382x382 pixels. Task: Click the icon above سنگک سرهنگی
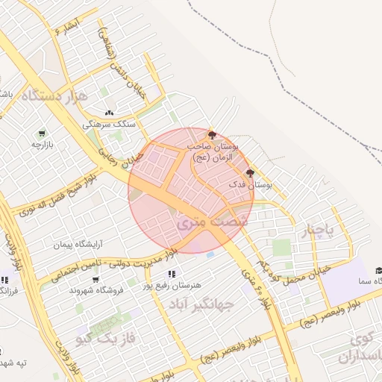pos(109,113)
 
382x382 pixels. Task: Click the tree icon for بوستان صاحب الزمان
pos(213,135)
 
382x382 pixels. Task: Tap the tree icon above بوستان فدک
pos(249,173)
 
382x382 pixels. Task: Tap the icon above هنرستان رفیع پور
pos(172,275)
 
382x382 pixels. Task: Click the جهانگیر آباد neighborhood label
pos(201,304)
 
